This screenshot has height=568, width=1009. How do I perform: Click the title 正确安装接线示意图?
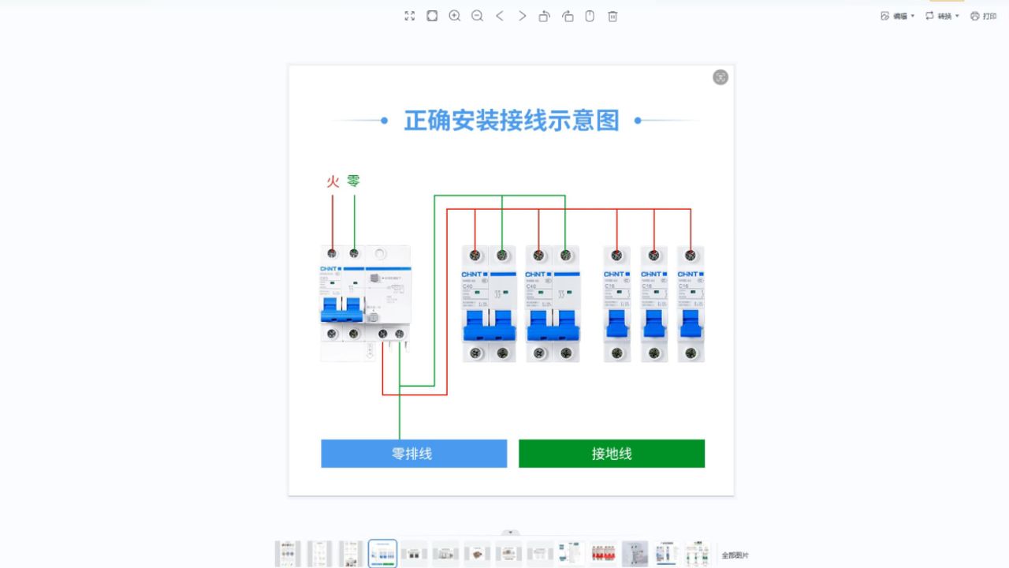coord(512,121)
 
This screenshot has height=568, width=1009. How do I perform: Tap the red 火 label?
coord(333,181)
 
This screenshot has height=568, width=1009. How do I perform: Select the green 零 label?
coord(353,181)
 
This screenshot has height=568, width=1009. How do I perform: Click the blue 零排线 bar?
coord(413,454)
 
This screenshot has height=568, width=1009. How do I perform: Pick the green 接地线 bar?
coord(611,454)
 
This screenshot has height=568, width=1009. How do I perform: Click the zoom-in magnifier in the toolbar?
coord(454,16)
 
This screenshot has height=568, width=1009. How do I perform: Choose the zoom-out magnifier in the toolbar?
coord(477,16)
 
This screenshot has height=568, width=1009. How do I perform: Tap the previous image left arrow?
coord(500,16)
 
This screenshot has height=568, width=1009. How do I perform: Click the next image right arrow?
coord(522,16)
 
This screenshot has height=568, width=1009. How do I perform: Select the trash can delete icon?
coord(612,16)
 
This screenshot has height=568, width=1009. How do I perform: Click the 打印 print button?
coord(984,16)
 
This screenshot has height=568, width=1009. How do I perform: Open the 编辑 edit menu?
coord(897,16)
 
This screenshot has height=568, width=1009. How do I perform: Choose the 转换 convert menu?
coord(942,16)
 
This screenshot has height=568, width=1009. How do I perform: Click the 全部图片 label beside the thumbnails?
coord(735,555)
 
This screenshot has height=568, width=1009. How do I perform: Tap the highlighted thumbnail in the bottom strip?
coord(382,554)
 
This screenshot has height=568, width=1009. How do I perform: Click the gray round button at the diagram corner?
coord(720,77)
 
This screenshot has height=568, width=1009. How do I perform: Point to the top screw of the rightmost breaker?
coord(691,256)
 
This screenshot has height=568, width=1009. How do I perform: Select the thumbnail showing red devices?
coord(603,554)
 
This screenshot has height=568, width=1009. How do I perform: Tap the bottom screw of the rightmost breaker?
coord(691,353)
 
